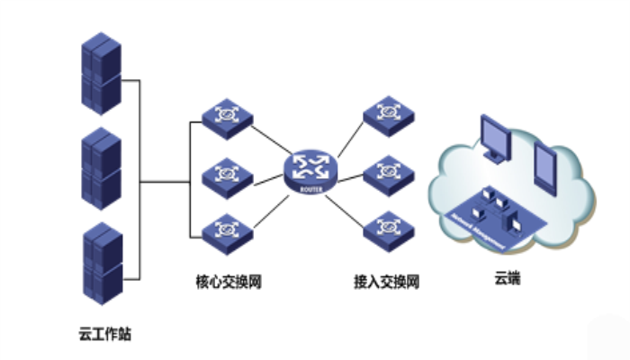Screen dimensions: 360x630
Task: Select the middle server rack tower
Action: [100, 168]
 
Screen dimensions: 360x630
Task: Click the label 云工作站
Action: [104, 334]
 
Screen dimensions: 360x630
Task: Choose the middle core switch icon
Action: [226, 172]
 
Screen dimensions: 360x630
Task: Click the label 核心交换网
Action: [228, 282]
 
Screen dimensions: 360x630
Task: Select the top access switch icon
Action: [389, 112]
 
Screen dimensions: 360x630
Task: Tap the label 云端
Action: [507, 280]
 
